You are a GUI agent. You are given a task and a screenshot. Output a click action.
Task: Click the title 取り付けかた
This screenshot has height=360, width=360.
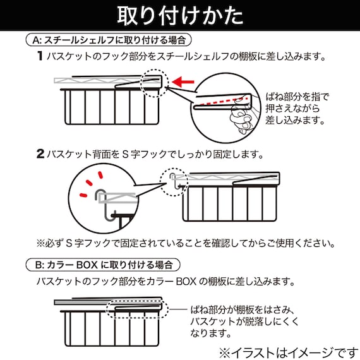[x=180, y=15]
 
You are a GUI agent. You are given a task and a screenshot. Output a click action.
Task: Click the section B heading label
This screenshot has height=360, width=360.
[x=106, y=263]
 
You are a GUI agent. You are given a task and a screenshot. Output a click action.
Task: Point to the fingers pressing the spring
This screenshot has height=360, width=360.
[x=239, y=117]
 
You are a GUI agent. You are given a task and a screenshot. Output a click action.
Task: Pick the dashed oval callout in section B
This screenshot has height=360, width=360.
[x=135, y=309]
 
